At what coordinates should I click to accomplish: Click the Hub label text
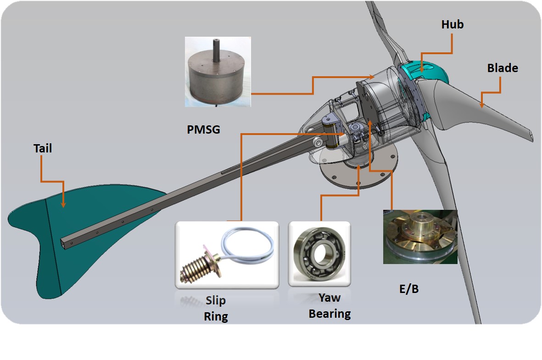click(452, 25)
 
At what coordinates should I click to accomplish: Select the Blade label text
click(503, 68)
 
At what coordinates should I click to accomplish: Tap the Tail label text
click(43, 149)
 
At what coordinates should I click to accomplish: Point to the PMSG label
click(203, 130)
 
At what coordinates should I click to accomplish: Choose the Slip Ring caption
click(216, 308)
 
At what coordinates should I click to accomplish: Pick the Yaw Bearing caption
click(330, 305)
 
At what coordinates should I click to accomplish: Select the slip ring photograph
click(227, 255)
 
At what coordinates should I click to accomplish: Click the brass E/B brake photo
click(420, 236)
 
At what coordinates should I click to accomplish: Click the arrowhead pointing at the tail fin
click(63, 204)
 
